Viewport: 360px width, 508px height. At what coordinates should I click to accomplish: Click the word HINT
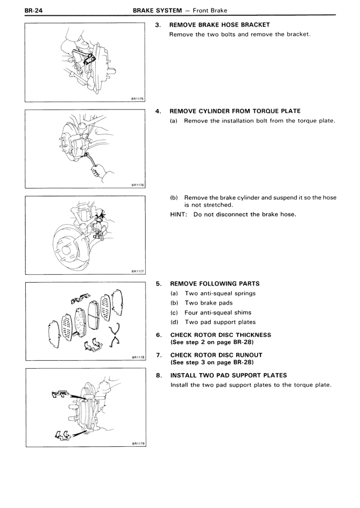click(x=179, y=214)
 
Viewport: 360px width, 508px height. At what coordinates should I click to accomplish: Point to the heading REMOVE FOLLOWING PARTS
click(x=214, y=284)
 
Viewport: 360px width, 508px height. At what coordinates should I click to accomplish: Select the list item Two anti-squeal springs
click(x=219, y=293)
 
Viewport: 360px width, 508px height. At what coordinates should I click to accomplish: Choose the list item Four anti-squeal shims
click(x=218, y=312)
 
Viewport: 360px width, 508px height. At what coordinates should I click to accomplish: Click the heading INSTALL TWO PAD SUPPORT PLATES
click(x=228, y=375)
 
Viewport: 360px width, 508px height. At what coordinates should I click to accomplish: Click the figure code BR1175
click(x=138, y=98)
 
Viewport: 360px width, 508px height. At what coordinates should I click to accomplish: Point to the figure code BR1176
click(x=138, y=184)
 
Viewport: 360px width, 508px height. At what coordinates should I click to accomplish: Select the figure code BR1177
click(x=138, y=270)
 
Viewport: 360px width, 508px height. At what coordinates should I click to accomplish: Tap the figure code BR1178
click(x=138, y=356)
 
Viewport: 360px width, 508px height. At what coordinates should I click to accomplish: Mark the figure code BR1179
click(x=138, y=442)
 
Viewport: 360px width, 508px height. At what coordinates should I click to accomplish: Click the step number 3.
click(x=158, y=25)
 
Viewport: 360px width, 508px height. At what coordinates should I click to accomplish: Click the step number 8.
click(x=158, y=375)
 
